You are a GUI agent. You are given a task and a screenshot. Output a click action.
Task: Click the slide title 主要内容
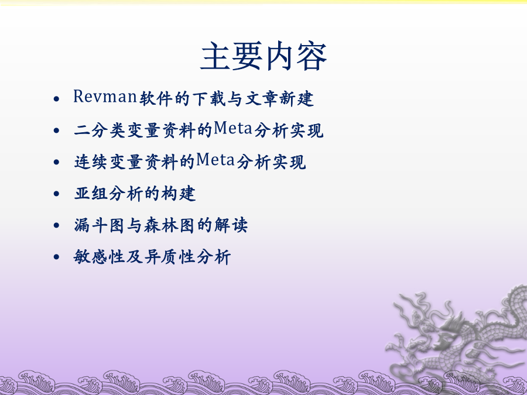point(263,56)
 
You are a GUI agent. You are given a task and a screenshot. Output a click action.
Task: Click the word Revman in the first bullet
point(105,97)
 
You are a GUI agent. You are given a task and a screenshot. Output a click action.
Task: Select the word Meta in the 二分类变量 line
point(233,128)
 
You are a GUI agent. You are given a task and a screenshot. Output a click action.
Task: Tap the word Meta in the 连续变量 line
point(215,160)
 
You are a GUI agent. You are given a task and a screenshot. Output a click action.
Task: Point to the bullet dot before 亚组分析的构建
point(56,194)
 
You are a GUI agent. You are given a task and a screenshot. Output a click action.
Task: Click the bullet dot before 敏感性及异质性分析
point(56,257)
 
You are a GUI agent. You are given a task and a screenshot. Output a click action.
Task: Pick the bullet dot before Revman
point(56,99)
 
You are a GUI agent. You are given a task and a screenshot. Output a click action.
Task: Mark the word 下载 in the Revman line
point(209,99)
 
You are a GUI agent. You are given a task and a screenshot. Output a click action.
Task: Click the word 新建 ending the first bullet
point(297,99)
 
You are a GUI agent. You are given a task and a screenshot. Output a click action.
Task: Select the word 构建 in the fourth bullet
point(179,194)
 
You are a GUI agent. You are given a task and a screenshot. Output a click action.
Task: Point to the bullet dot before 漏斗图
point(56,225)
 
